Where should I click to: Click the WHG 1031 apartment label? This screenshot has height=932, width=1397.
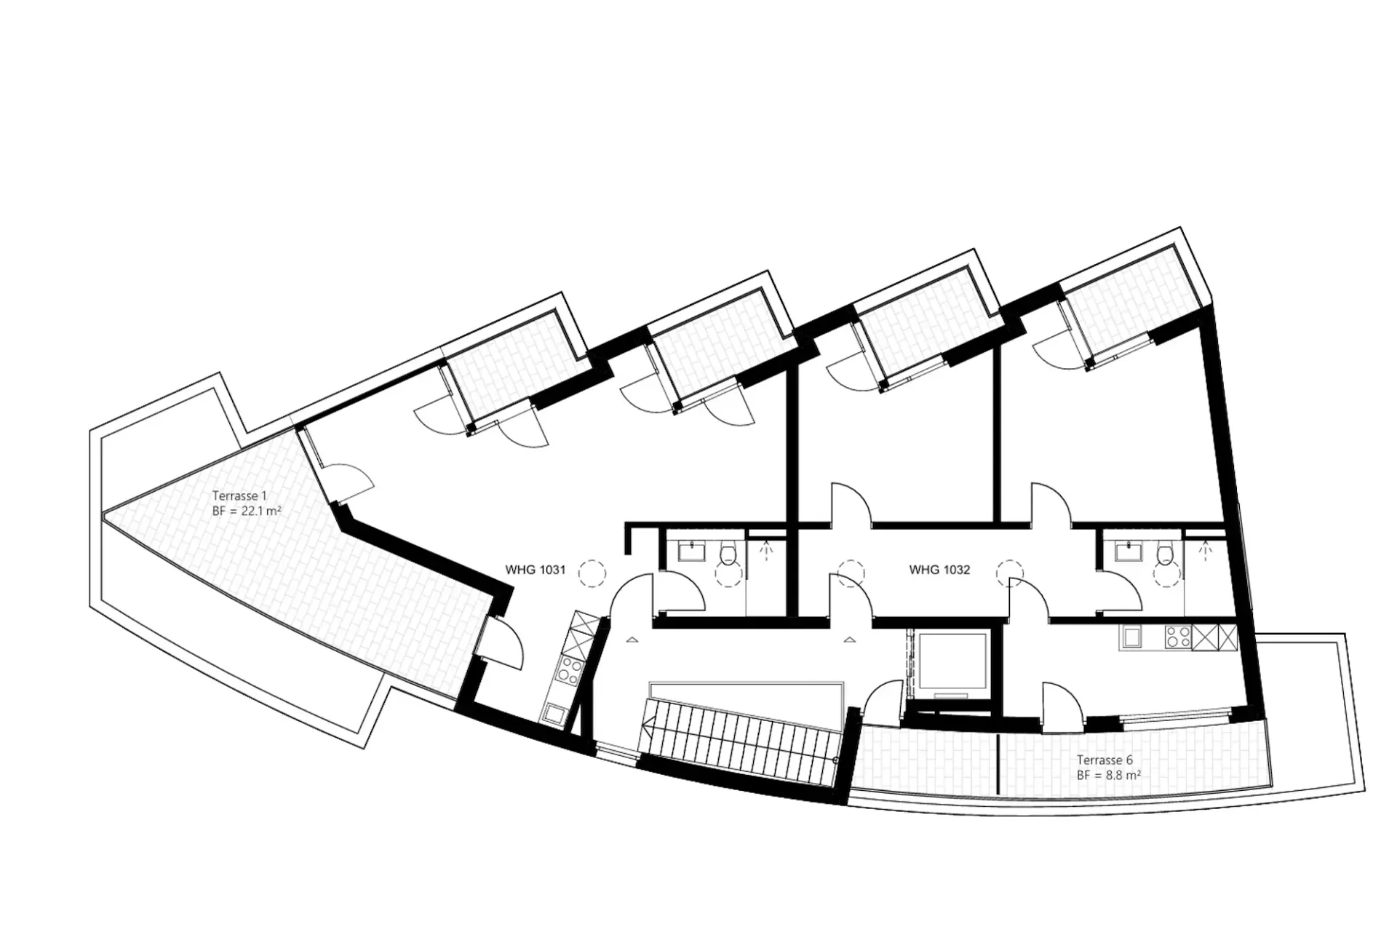(x=535, y=570)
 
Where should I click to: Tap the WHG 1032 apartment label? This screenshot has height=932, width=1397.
(x=939, y=570)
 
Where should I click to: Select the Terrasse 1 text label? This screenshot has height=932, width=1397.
(x=239, y=496)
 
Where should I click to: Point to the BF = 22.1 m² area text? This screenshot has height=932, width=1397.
(x=247, y=511)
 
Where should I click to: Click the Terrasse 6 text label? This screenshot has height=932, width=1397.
(x=1105, y=760)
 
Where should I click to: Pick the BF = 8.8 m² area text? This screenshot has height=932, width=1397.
(x=1108, y=776)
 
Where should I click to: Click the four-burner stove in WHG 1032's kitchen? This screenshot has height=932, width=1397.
(x=1178, y=637)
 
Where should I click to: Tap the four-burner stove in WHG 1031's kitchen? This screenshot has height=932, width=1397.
(x=568, y=669)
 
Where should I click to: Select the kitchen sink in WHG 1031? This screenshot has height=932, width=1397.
(x=553, y=713)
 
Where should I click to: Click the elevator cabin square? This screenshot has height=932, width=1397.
(x=952, y=661)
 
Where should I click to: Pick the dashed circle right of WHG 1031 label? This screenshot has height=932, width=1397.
(x=592, y=573)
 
